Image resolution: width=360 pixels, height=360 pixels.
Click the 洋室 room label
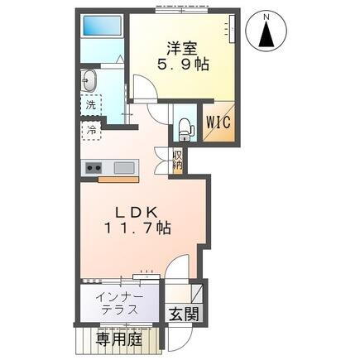[182, 48]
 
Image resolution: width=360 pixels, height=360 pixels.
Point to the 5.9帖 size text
[182, 65]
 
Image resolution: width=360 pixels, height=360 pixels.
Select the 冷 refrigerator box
[89, 131]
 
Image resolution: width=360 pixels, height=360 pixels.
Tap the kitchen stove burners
[93, 167]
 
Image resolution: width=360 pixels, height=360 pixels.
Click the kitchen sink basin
[123, 167]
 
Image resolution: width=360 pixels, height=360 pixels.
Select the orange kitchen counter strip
[119, 178]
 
